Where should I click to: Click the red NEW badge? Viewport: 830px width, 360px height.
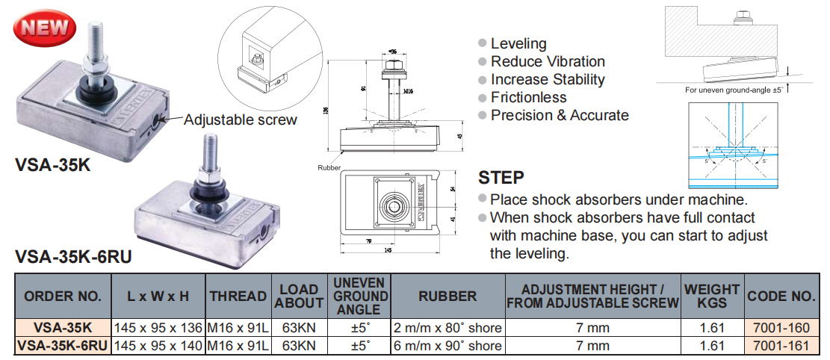click(46, 28)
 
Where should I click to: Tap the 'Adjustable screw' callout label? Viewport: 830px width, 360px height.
click(240, 120)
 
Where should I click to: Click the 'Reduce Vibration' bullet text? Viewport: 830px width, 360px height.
click(548, 61)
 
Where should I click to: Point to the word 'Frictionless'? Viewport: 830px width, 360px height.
click(528, 97)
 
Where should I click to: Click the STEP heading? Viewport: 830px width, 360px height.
click(501, 179)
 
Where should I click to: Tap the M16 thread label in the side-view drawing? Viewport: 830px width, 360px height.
click(408, 91)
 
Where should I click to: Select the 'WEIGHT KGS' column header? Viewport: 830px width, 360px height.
click(711, 297)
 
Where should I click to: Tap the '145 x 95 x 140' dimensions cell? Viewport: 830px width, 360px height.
click(158, 346)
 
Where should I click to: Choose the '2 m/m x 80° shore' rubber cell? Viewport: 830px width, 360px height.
click(447, 327)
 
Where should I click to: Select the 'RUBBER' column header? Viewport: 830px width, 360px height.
click(447, 297)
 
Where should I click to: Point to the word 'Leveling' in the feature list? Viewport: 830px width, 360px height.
click(518, 43)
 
